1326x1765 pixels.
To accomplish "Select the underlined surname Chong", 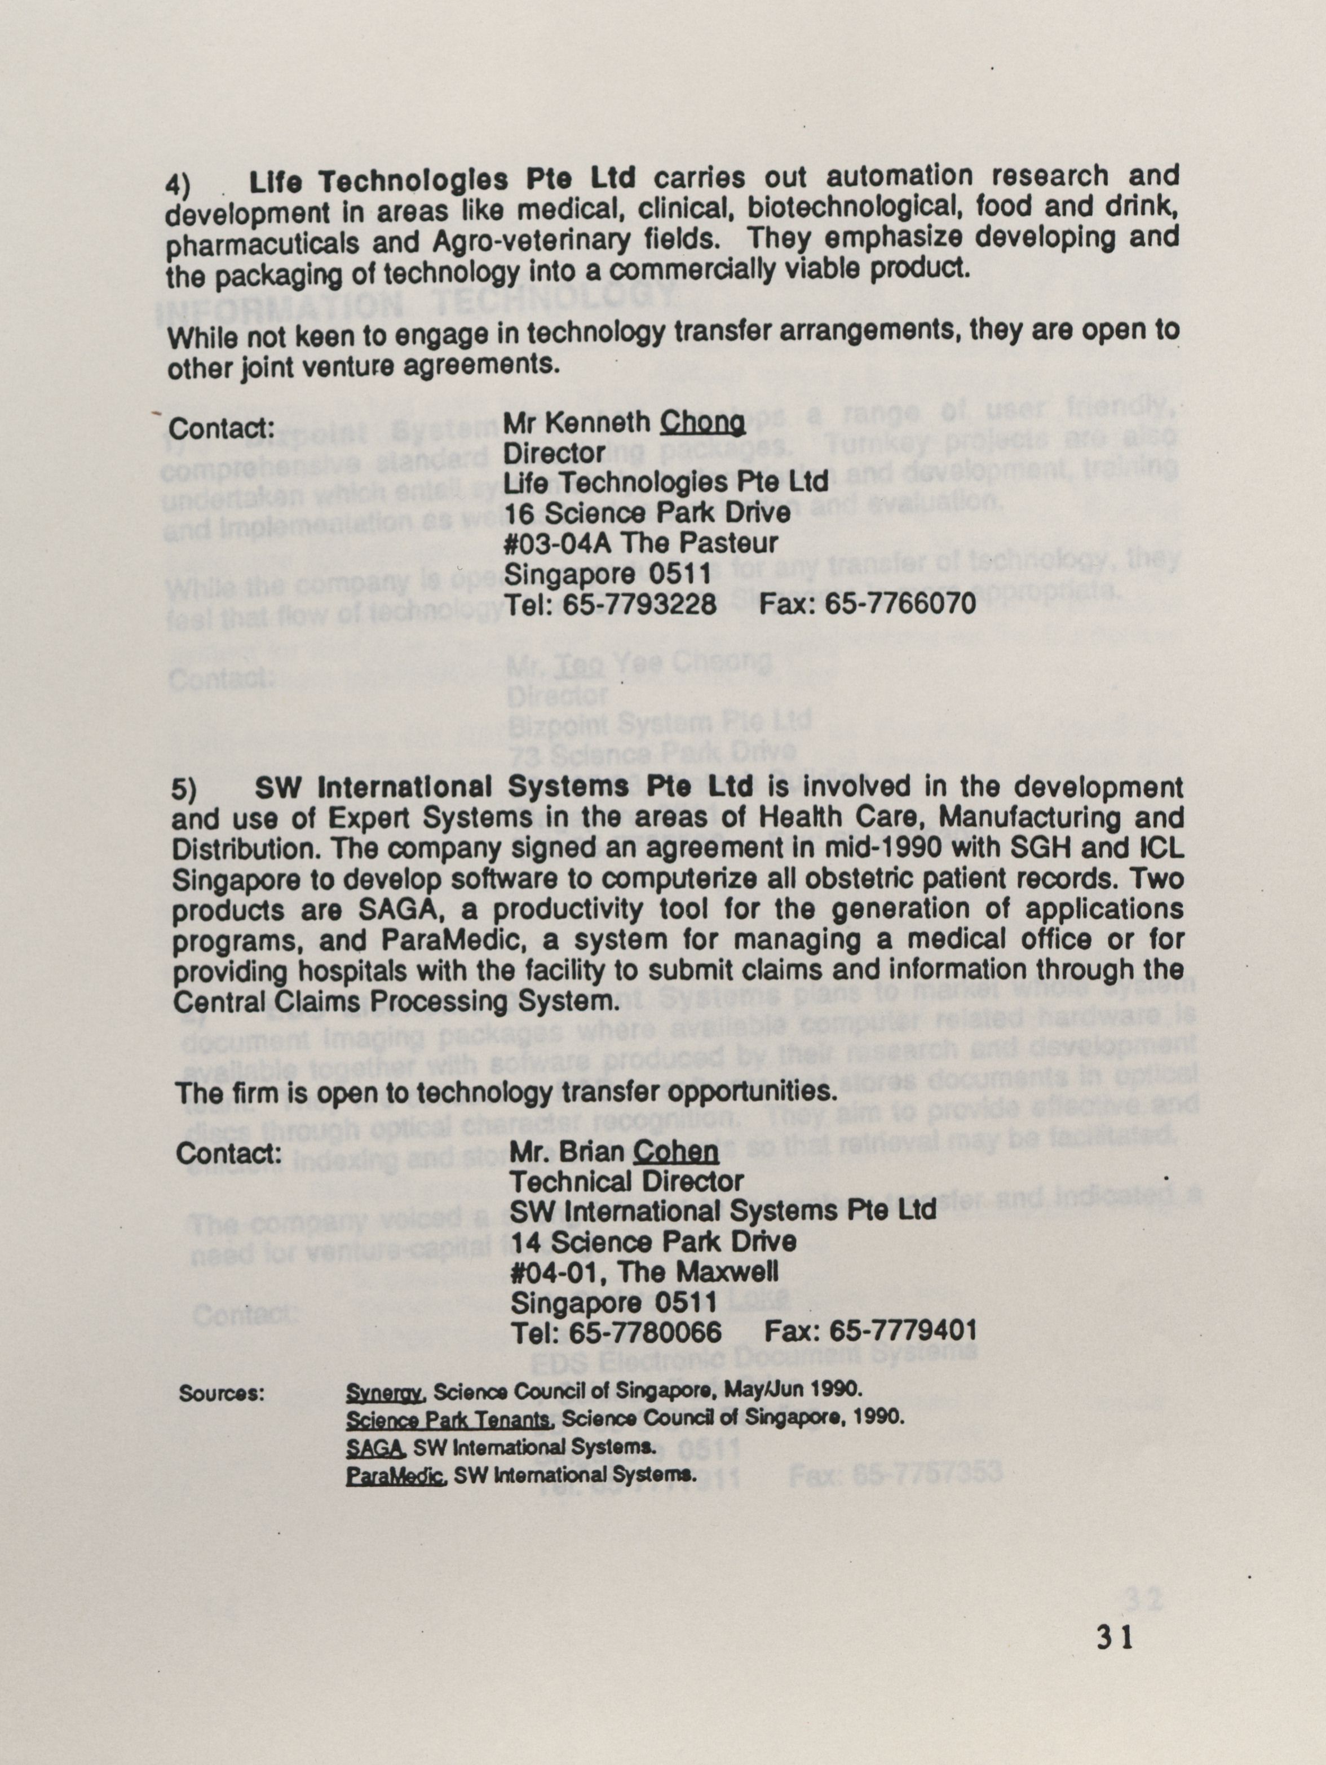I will [702, 422].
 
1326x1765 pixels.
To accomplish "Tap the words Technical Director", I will [627, 1182].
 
